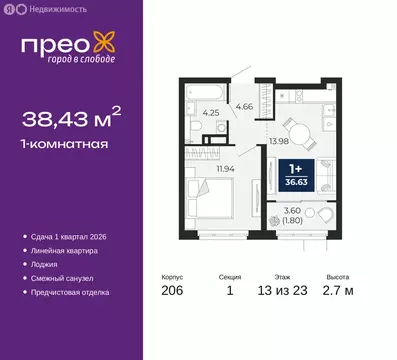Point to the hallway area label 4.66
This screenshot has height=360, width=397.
coord(243,104)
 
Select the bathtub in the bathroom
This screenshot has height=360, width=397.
coord(203,92)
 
